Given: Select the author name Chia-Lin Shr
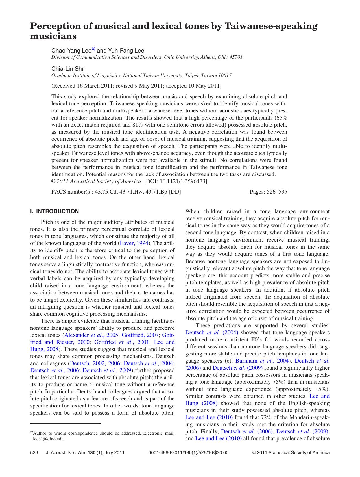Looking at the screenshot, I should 67,69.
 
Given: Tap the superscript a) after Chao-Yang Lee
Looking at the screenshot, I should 93,49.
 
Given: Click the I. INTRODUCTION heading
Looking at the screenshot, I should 54,211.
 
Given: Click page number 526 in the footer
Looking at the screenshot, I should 34,453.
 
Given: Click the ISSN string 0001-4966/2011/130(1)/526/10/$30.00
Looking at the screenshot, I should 188,453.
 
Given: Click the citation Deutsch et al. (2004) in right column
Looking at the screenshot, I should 212,333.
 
